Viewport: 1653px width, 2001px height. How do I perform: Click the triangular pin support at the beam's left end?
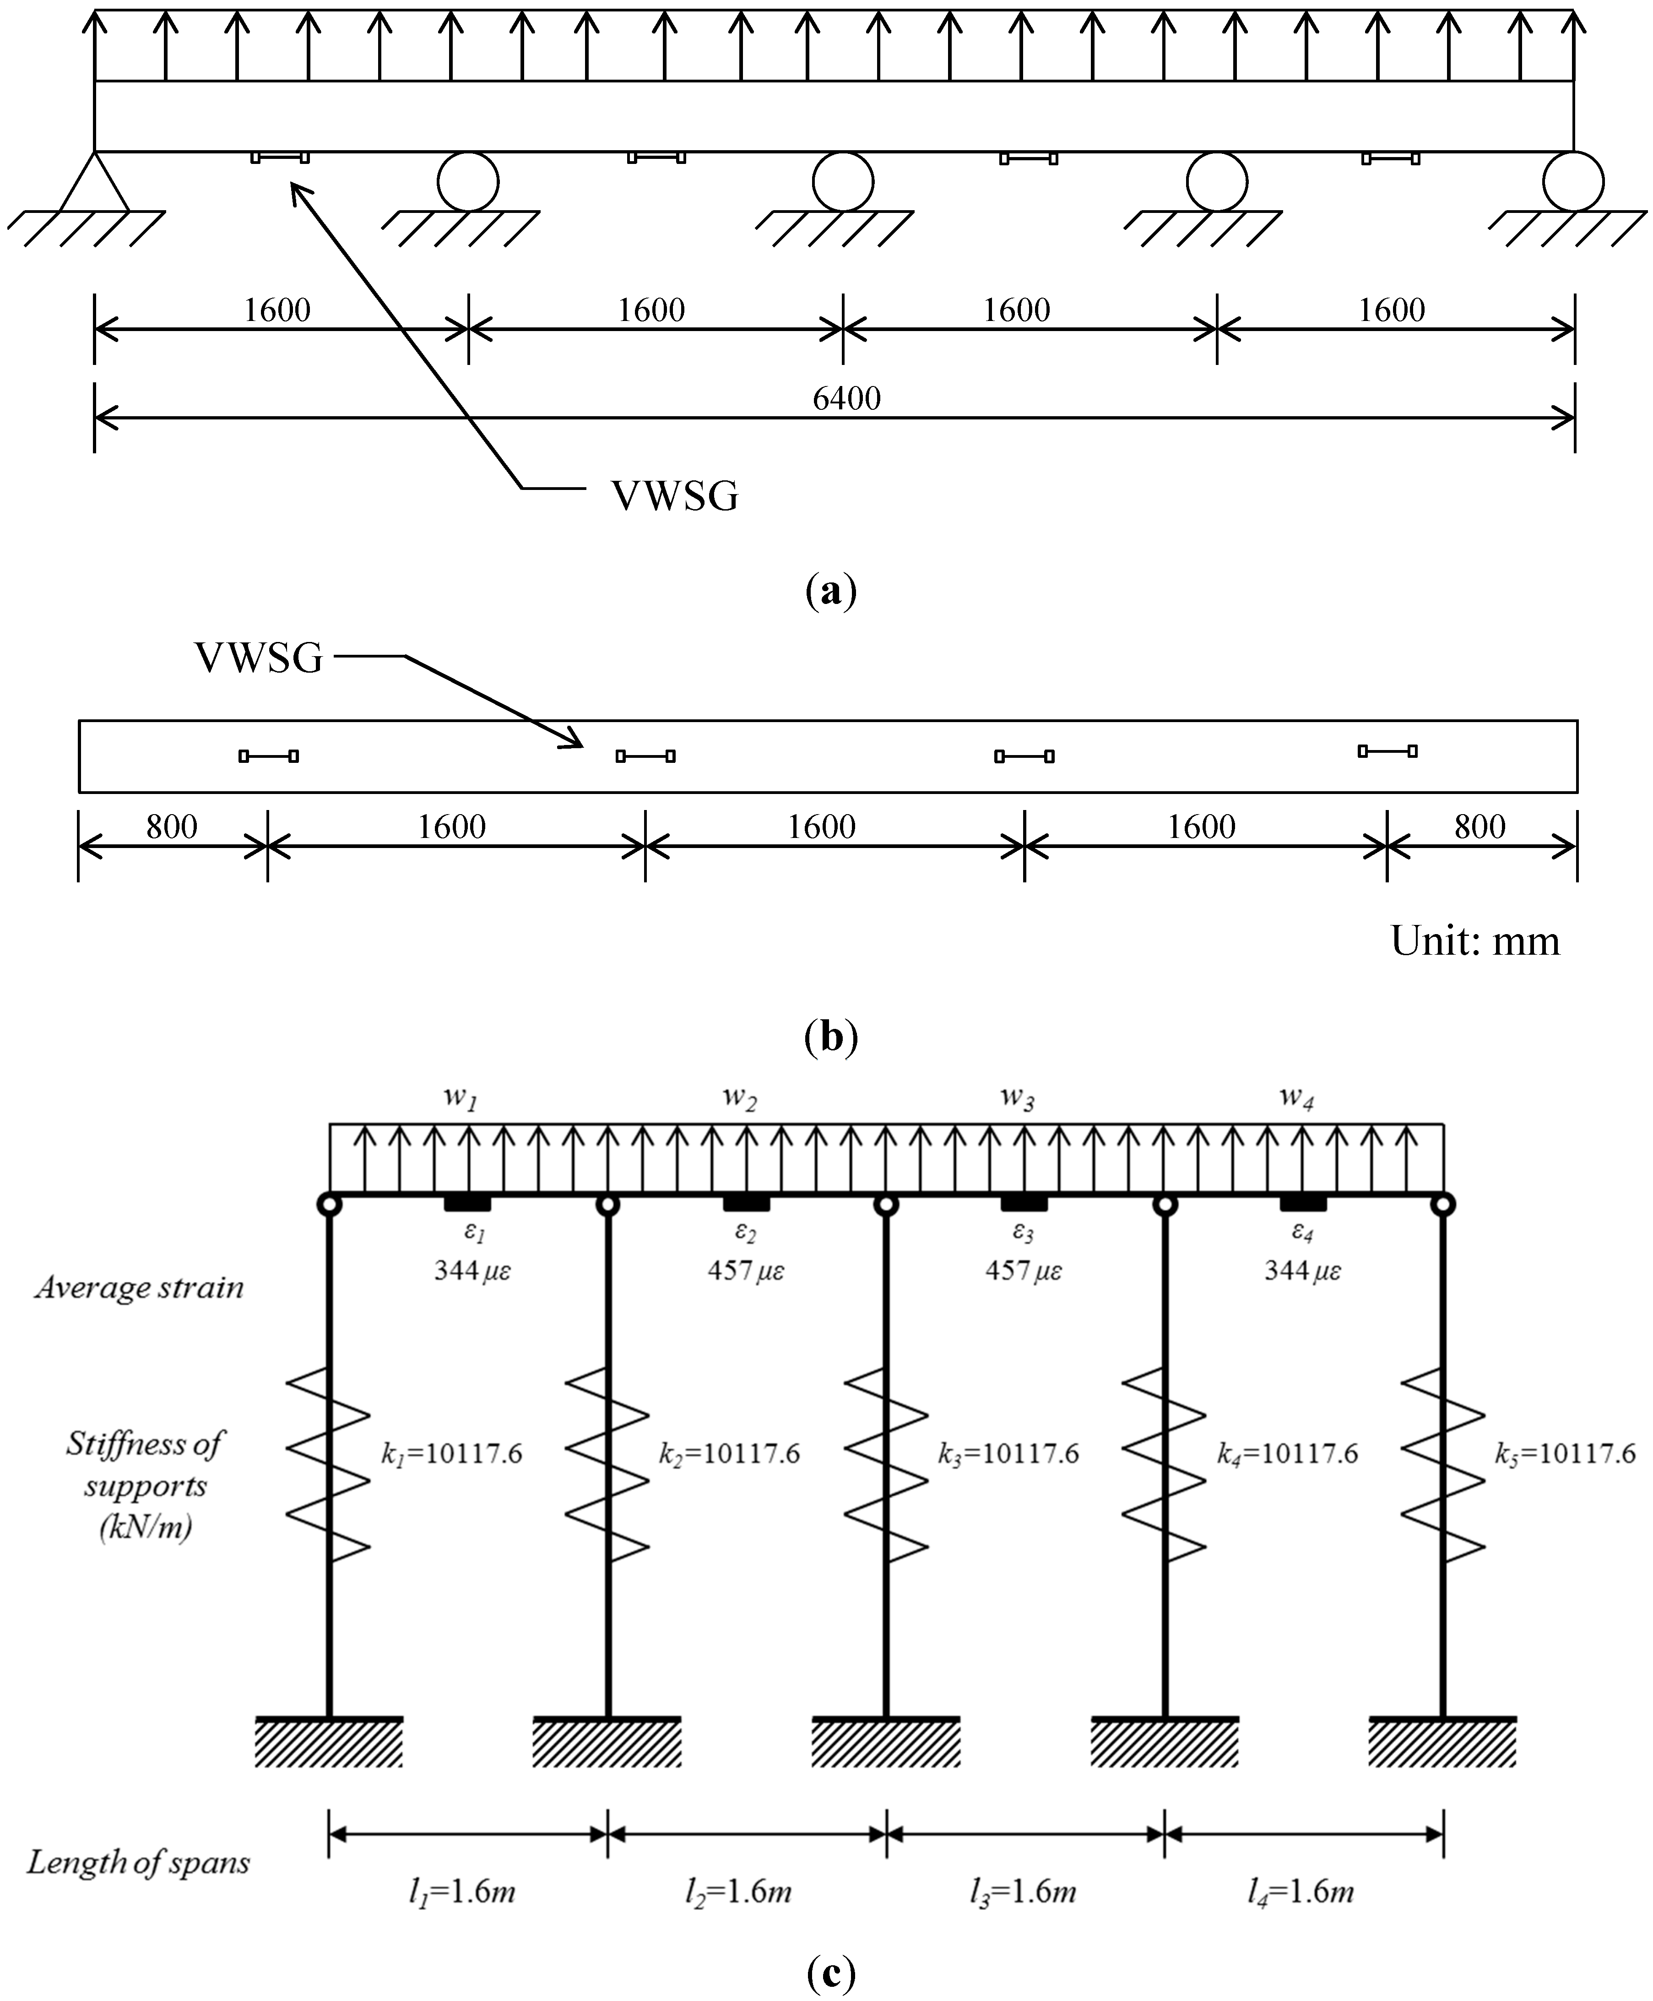pos(94,183)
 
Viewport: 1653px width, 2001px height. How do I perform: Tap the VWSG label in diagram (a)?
pos(674,496)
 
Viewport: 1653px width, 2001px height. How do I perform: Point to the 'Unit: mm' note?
pos(1475,941)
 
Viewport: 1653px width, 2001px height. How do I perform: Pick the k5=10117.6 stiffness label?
pos(1565,1453)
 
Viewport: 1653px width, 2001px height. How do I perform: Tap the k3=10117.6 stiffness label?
pos(1008,1453)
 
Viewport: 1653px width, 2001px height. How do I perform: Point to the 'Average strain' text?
pos(140,1288)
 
